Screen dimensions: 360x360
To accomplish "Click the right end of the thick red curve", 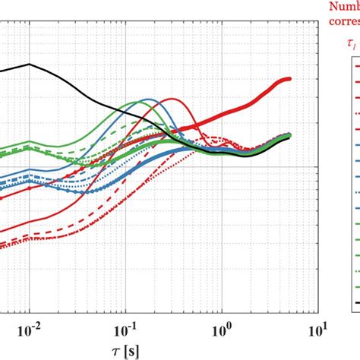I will (289, 78).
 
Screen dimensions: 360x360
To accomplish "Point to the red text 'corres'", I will (343, 22).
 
